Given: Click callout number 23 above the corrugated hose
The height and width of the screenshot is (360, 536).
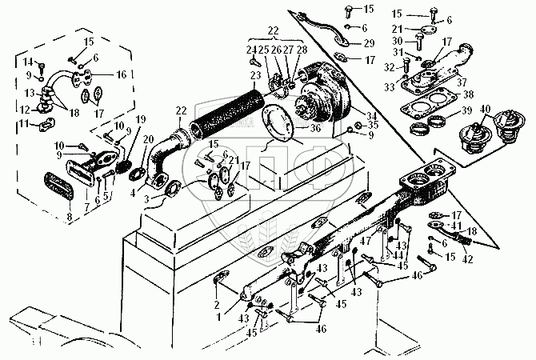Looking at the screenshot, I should pyautogui.click(x=255, y=76).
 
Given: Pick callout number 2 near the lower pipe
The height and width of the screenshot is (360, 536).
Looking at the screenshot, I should pyautogui.click(x=215, y=282).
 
